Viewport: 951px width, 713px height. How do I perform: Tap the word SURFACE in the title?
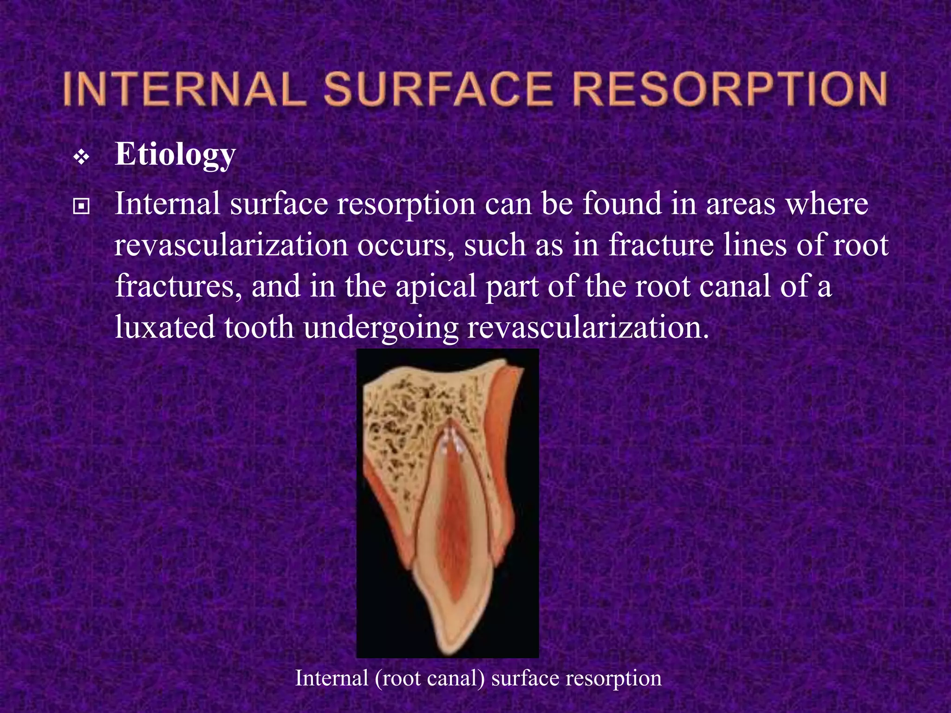click(438, 89)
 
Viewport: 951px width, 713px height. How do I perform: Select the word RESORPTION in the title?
click(730, 89)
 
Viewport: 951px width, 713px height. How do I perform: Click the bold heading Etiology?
click(176, 155)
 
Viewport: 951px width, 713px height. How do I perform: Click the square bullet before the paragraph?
click(81, 206)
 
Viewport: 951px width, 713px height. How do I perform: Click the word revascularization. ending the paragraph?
click(588, 327)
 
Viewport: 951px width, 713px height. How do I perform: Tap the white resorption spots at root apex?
click(450, 441)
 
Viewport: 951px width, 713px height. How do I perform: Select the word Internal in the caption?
click(332, 678)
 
